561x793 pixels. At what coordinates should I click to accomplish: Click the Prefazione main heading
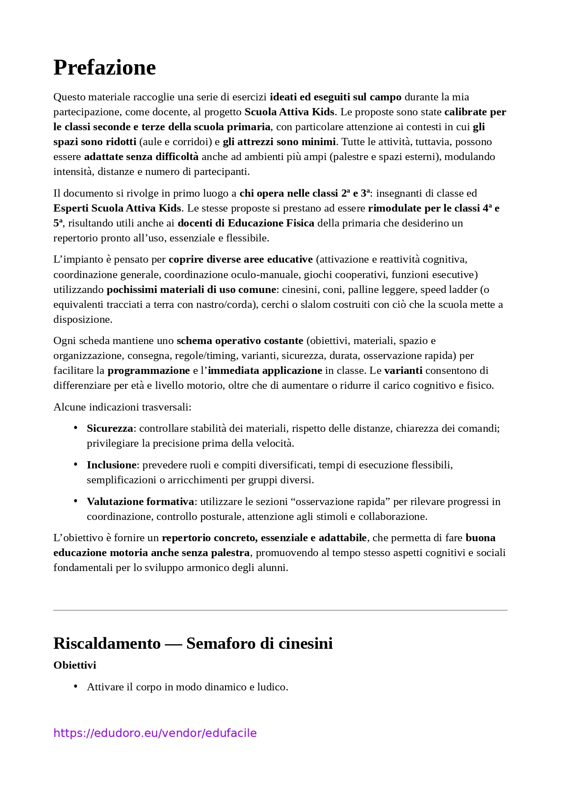(x=104, y=68)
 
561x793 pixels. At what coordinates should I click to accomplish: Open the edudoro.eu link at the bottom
(x=155, y=733)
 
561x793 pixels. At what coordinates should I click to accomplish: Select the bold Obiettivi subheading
(x=75, y=665)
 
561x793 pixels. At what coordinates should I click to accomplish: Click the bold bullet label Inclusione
(x=111, y=465)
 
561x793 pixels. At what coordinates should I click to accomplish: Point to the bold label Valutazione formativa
(x=140, y=501)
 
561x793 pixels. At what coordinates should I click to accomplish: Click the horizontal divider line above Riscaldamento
(x=280, y=610)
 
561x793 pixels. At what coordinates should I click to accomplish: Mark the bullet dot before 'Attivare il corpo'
(x=75, y=686)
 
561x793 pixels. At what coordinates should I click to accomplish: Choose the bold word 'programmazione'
(x=148, y=370)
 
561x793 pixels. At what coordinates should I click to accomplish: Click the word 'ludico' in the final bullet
(x=271, y=687)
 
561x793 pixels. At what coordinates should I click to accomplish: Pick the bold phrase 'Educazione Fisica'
(x=271, y=223)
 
